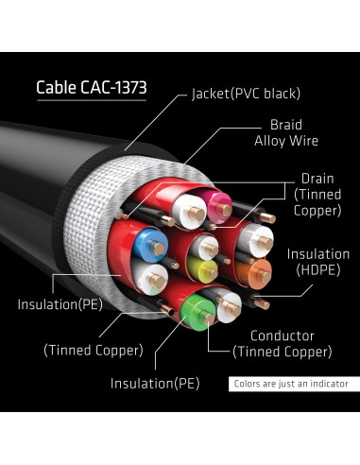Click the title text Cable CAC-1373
pos(93,90)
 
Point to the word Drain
pos(317,178)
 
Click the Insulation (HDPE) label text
pos(318,261)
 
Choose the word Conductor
pos(283,336)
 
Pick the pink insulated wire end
pos(218,201)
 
